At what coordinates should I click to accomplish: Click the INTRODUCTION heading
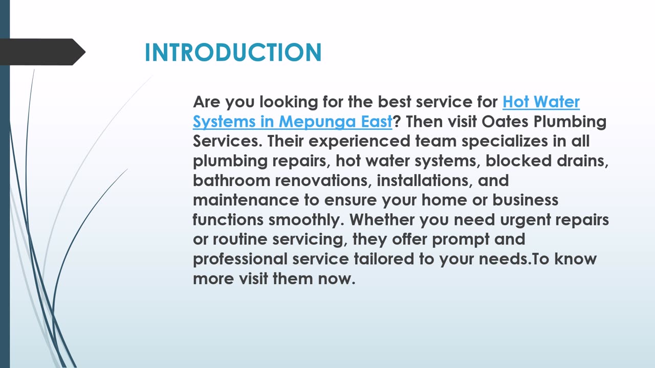(x=233, y=52)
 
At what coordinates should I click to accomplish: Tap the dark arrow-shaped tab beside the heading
(x=42, y=52)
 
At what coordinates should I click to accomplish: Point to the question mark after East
(x=396, y=122)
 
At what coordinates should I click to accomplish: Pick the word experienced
(x=359, y=142)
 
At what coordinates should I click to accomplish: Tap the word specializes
(x=505, y=142)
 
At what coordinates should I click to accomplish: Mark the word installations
(x=423, y=180)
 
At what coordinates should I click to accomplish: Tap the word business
(x=526, y=200)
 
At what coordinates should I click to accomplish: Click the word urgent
(x=526, y=220)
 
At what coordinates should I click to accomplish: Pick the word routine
(x=240, y=240)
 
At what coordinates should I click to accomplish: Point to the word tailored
(x=384, y=259)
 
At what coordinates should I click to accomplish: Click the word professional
(x=241, y=260)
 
